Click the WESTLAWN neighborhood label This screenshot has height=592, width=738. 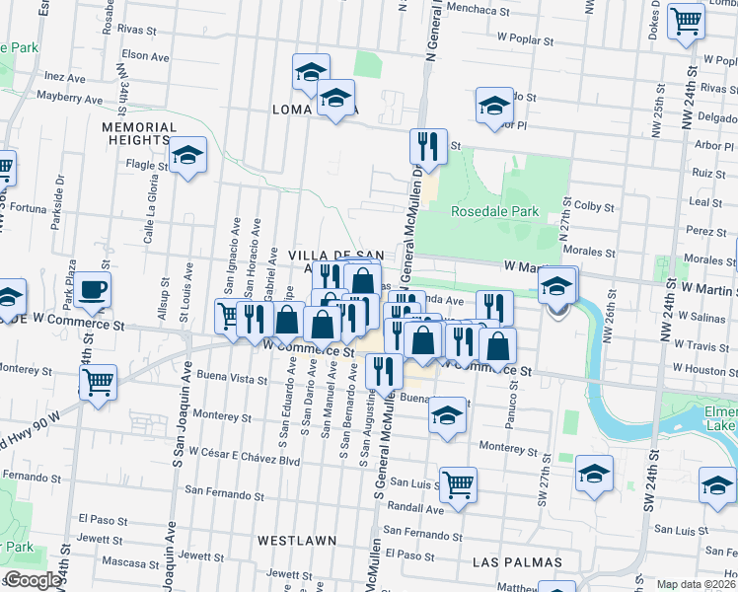[x=296, y=541]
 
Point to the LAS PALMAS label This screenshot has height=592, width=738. [x=517, y=562]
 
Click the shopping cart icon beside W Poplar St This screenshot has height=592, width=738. [x=686, y=21]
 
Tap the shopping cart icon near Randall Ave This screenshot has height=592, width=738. [x=458, y=484]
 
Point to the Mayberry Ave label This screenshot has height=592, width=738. [x=70, y=99]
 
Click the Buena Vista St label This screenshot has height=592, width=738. [x=232, y=378]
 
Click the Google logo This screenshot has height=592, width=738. [x=33, y=580]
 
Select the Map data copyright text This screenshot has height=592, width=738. [x=698, y=584]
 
